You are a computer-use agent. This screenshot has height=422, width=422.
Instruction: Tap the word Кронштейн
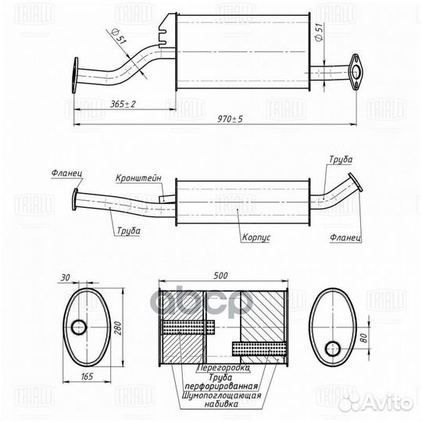pos(140,178)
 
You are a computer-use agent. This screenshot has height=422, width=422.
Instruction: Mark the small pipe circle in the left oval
pos(78,327)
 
